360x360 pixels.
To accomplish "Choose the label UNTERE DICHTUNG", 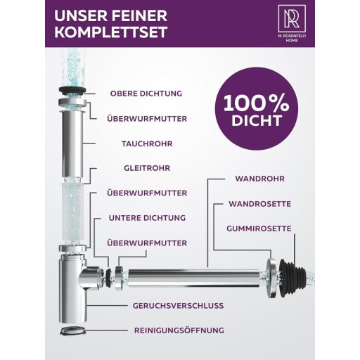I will point(147,217).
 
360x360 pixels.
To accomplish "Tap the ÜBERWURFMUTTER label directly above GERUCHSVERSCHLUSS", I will point(147,243).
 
